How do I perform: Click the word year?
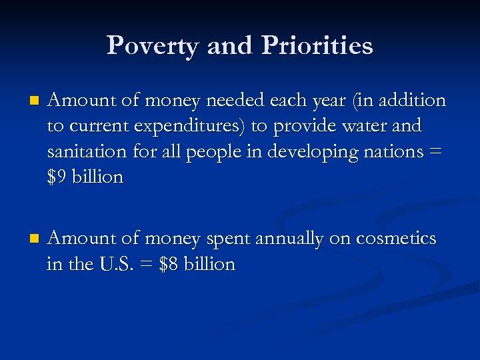(x=315, y=101)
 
